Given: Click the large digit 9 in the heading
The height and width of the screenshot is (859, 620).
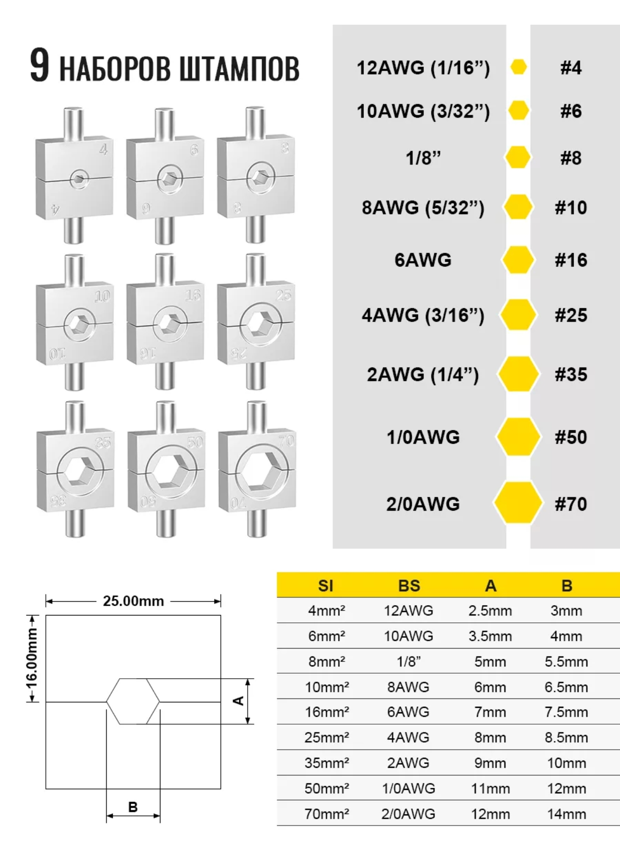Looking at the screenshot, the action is tap(39, 65).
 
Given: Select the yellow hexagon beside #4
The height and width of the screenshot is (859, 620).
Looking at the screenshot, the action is tap(518, 67).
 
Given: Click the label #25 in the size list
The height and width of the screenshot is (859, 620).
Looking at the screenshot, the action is tap(571, 315).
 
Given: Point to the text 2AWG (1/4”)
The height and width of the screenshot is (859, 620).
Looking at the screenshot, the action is tap(423, 374).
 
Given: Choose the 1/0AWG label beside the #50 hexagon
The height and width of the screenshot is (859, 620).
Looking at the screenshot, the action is tap(423, 437).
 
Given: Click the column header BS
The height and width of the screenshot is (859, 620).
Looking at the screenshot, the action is tap(409, 585).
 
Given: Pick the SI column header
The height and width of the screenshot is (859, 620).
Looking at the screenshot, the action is tap(326, 585).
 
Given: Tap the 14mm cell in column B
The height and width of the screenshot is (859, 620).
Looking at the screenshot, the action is tap(566, 814).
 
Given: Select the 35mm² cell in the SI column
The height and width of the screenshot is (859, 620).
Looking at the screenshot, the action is tap(326, 763).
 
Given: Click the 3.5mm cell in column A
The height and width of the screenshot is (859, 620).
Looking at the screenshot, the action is tap(490, 636).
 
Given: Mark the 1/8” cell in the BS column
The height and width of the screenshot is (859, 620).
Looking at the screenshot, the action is tap(409, 661).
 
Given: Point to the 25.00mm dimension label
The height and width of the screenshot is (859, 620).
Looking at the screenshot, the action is tap(133, 601).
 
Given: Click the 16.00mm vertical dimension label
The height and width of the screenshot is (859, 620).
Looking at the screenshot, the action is tap(32, 658).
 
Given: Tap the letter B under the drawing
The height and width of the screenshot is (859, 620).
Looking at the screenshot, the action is tap(133, 807).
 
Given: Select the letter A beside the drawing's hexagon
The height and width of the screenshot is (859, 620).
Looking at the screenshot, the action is tap(238, 700).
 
